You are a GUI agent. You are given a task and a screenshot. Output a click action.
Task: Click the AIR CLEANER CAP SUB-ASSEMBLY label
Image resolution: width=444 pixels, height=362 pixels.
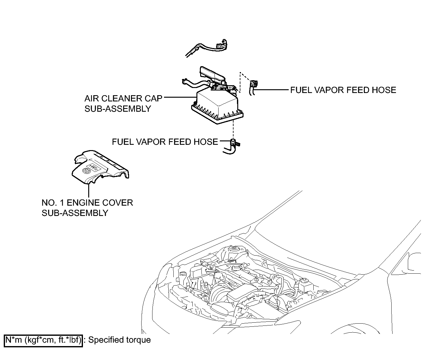tap(123, 104)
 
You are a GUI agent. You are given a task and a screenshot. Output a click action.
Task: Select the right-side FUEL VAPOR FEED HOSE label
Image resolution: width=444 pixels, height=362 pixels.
tap(343, 90)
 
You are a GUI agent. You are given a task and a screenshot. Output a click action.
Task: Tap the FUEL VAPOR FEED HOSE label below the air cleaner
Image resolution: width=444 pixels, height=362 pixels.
tap(165, 142)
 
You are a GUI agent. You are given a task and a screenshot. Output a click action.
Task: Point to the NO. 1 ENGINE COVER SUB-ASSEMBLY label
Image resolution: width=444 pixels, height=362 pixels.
tap(87, 208)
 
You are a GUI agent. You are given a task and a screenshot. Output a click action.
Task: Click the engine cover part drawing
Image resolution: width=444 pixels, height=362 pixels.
tap(100, 167)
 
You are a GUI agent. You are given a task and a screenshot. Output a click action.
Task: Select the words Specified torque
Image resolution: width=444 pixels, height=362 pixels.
tap(119, 340)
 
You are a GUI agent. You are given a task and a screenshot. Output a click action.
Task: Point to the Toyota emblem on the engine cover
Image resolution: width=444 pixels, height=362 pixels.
tap(86, 171)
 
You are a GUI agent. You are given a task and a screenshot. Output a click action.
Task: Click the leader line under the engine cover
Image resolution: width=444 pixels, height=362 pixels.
tap(89, 190)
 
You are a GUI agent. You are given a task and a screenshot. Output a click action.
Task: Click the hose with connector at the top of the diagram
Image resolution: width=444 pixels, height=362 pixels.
tap(206, 48)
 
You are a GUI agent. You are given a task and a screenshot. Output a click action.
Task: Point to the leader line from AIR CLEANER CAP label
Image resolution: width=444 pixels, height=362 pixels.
tap(180, 97)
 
